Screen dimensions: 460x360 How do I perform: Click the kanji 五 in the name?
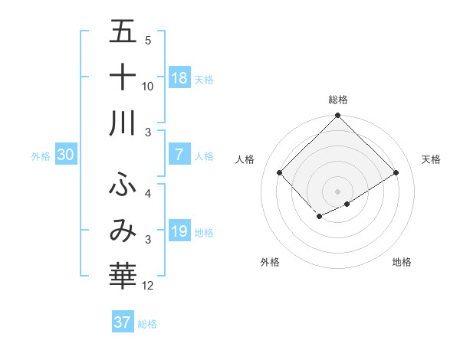(123, 32)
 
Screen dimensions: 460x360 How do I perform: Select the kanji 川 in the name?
(123, 123)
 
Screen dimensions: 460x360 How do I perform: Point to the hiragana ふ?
(123, 185)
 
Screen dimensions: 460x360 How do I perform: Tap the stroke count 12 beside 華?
(148, 286)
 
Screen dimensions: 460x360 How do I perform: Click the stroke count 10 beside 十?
(148, 87)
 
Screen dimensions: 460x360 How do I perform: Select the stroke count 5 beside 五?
(148, 41)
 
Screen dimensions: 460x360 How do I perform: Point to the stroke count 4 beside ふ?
(148, 194)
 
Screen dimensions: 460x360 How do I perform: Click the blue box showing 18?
(179, 77)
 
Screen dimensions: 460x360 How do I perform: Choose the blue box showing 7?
(179, 155)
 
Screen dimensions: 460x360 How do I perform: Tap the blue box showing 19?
(179, 231)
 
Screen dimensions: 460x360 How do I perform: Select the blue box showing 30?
(65, 155)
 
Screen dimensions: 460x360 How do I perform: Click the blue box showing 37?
(123, 322)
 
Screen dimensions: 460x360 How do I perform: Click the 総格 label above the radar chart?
(337, 100)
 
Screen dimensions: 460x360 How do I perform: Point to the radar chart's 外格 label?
(270, 263)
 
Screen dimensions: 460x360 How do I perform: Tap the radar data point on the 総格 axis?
(337, 116)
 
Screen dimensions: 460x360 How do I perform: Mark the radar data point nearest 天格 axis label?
(396, 173)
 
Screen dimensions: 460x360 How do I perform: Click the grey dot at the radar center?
(337, 191)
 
